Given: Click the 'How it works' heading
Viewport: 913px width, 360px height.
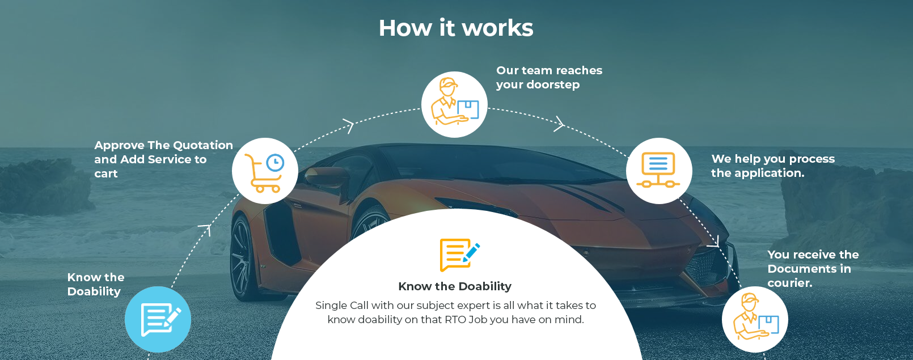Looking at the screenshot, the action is coord(456,28).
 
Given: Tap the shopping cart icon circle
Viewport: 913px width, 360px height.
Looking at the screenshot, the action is coord(265,171).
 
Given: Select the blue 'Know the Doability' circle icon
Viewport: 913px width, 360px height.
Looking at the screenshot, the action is coord(158,319).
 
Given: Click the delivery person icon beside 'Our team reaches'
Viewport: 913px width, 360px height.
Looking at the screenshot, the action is coord(454,104).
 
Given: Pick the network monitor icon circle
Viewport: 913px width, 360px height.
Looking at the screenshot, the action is coord(659,171).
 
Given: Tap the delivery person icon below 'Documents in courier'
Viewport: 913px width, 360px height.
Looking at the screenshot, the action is coord(755,319).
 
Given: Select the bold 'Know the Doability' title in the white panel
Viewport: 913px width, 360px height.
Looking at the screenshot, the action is coord(455,286).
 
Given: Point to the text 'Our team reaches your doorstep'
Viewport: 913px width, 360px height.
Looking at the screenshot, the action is coord(549,78).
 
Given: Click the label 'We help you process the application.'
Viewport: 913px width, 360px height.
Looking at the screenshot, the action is coord(773,166).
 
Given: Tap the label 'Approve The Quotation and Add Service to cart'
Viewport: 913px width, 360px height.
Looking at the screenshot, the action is coord(163,159).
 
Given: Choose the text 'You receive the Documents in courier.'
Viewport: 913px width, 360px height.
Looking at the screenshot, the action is coord(813,269).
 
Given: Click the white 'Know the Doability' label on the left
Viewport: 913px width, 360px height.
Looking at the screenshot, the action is coord(96,284).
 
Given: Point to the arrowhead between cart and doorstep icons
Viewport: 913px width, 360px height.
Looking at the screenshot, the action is coord(349,126).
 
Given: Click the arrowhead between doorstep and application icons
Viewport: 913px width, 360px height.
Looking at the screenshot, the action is coord(559,124).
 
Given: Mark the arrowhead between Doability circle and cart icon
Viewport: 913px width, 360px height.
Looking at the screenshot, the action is coord(206,230).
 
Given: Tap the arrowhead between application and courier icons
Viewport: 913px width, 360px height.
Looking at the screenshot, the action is coord(714,242).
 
